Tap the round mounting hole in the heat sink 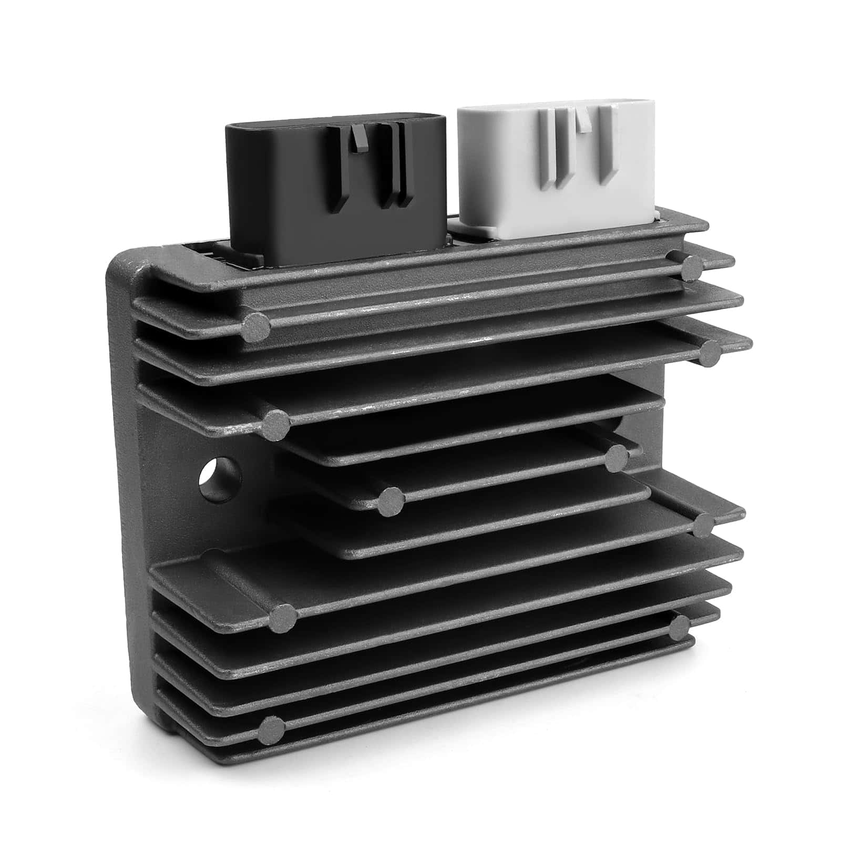pyautogui.click(x=220, y=477)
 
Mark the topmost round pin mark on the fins pyautogui.click(x=690, y=269)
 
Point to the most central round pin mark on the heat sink pyautogui.click(x=392, y=500)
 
